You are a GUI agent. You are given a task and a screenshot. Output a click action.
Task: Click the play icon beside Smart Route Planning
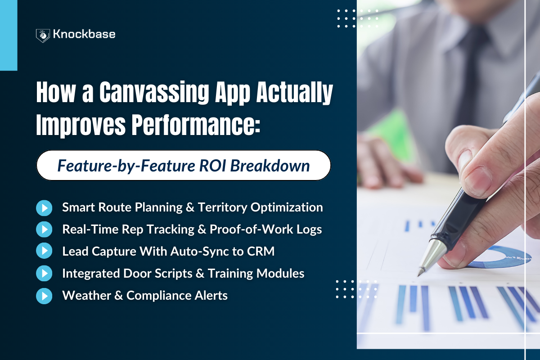coord(44,207)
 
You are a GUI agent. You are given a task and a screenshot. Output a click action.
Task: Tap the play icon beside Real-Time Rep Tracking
coord(44,229)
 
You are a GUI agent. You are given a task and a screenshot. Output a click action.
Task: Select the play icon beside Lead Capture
coord(44,252)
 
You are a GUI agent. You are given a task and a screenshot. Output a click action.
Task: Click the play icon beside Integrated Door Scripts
coord(44,274)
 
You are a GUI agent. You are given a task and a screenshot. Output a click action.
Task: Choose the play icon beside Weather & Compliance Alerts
coord(44,296)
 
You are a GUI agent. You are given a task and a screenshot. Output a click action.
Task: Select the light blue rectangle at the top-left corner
coord(9,35)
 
